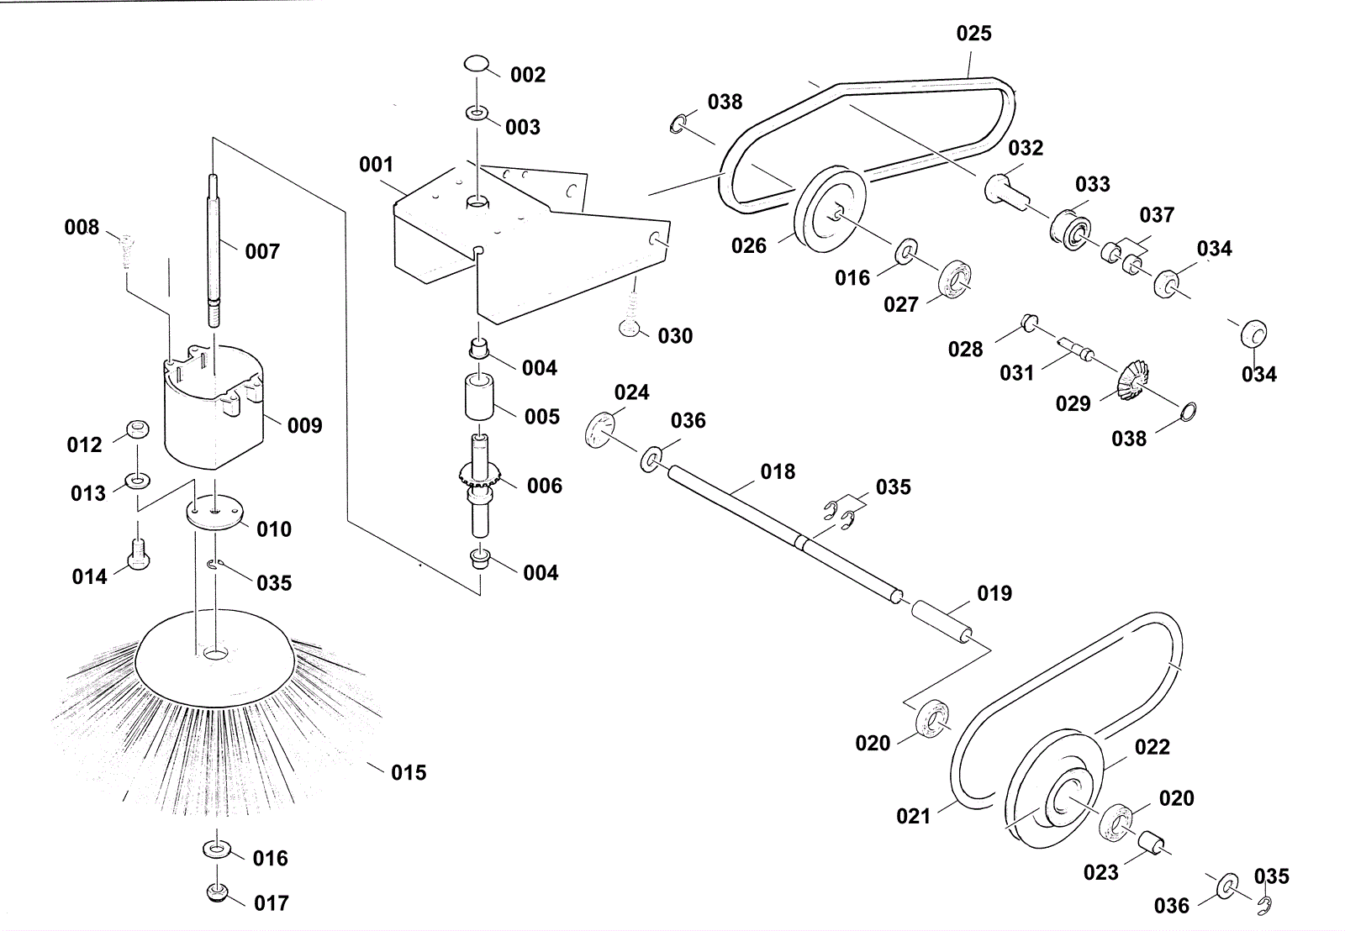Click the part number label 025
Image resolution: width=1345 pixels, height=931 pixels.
973,33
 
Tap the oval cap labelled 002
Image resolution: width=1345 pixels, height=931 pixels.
476,64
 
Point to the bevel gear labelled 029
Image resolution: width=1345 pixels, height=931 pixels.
1131,380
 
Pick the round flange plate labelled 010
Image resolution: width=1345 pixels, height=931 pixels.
214,512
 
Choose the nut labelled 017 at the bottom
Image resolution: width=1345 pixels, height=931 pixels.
218,892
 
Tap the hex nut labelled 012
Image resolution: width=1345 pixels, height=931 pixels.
138,429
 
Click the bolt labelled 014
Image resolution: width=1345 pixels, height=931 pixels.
139,554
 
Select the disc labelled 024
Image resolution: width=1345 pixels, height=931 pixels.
600,429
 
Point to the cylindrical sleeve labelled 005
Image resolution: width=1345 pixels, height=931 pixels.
478,397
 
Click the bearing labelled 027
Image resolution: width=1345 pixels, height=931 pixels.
954,279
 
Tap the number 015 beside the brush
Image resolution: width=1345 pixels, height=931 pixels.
409,772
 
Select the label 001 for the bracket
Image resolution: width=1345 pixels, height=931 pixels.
376,165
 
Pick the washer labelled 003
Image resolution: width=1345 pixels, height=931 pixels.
476,113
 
